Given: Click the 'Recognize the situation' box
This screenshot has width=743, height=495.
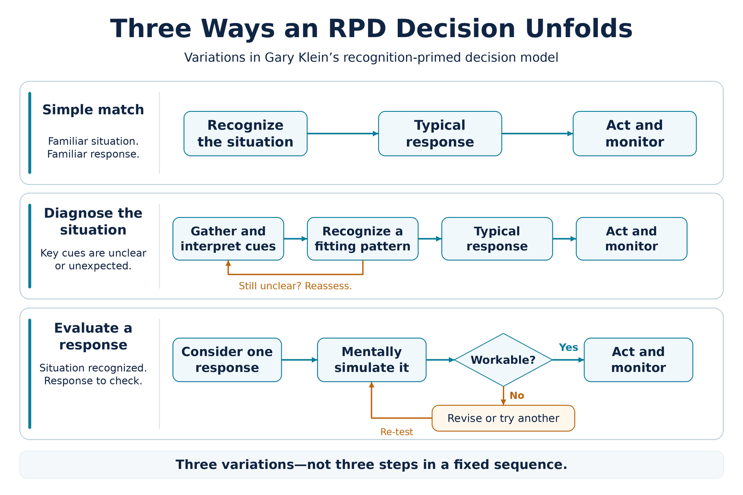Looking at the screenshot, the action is pos(245,133).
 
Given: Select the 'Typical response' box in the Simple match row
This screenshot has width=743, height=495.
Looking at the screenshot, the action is pos(440,133).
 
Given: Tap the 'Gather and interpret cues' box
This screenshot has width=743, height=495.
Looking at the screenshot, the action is pos(228,239).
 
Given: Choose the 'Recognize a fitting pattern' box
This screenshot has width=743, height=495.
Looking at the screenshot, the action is pos(363,239).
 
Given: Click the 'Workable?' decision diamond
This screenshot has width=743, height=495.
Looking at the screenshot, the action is pos(503,360).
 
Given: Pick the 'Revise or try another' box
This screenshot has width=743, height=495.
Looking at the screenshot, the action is pos(503,418).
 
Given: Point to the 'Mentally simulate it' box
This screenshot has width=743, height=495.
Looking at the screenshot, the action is pos(371,360).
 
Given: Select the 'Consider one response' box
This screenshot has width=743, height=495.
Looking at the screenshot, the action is pos(227,360).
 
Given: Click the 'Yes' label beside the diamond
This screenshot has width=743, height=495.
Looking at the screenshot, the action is pos(568,347).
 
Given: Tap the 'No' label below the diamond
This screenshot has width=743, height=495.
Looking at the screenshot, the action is pos(517,395).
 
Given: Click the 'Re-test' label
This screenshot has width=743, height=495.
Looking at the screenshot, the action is pos(396,432).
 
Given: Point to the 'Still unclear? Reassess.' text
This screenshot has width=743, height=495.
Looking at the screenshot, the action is pos(295,286).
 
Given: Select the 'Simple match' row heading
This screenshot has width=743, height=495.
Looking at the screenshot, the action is pos(93,110).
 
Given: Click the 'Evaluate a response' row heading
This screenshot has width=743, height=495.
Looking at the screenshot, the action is pos(93,336).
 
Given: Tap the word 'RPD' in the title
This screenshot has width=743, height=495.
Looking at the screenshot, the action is pos(357,29).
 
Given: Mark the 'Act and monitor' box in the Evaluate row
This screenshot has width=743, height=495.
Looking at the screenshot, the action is pos(638,360).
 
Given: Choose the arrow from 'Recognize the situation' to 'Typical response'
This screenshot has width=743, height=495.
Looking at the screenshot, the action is pos(343,133).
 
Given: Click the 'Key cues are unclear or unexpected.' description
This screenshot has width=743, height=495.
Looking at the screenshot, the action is pos(93,259).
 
